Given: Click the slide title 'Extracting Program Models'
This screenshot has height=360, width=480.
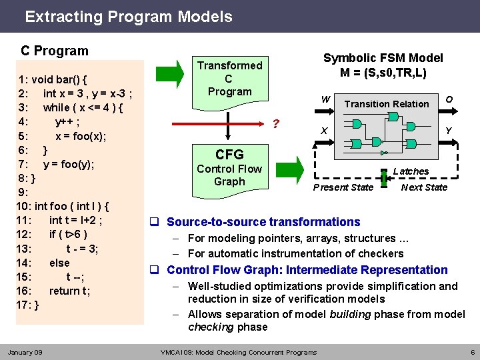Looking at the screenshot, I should click(x=129, y=17).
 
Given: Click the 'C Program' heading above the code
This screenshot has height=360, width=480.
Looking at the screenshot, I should click(x=54, y=51).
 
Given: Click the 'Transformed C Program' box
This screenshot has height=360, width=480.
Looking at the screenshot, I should click(x=229, y=79).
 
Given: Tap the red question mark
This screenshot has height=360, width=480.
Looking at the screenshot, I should click(x=276, y=125).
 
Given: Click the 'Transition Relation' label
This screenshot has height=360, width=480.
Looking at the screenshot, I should click(x=386, y=104).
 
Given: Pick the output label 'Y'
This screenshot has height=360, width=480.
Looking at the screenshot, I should click(x=449, y=130).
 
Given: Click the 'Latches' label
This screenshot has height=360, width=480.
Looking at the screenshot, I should click(x=411, y=171).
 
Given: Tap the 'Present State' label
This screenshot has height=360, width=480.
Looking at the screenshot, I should click(x=343, y=187).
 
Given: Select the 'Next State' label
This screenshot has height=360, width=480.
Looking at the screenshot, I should click(x=424, y=187).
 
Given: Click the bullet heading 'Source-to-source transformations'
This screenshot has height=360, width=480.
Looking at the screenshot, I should click(x=263, y=222).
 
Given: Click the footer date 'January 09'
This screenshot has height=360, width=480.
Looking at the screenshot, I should click(x=25, y=352).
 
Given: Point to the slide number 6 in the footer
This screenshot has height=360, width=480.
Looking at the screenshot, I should click(x=472, y=352).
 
